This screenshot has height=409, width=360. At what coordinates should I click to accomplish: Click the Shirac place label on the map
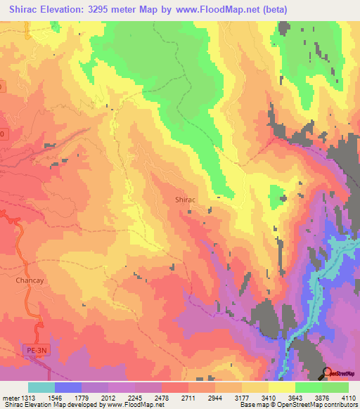pyautogui.click(x=185, y=200)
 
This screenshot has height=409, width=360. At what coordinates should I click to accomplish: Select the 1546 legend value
pyautogui.click(x=56, y=397)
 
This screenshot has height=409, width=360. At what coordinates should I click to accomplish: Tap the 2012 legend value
pyautogui.click(x=110, y=397)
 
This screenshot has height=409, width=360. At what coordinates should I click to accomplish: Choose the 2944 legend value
pyautogui.click(x=217, y=397)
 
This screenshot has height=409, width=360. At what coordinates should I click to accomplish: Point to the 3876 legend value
pyautogui.click(x=323, y=397)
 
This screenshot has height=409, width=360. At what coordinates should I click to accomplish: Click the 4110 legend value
pyautogui.click(x=349, y=397)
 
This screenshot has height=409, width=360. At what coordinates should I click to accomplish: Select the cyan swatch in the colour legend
pyautogui.click(x=41, y=387)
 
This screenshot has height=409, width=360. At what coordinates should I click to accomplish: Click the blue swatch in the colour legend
pyautogui.click(x=68, y=387)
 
